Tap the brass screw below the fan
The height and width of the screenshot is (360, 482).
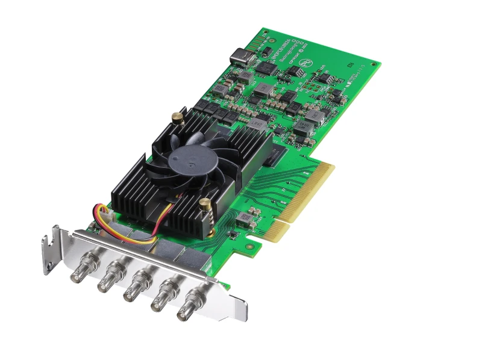coord(205,205)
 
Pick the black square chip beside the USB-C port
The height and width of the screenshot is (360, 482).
coord(264,67)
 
